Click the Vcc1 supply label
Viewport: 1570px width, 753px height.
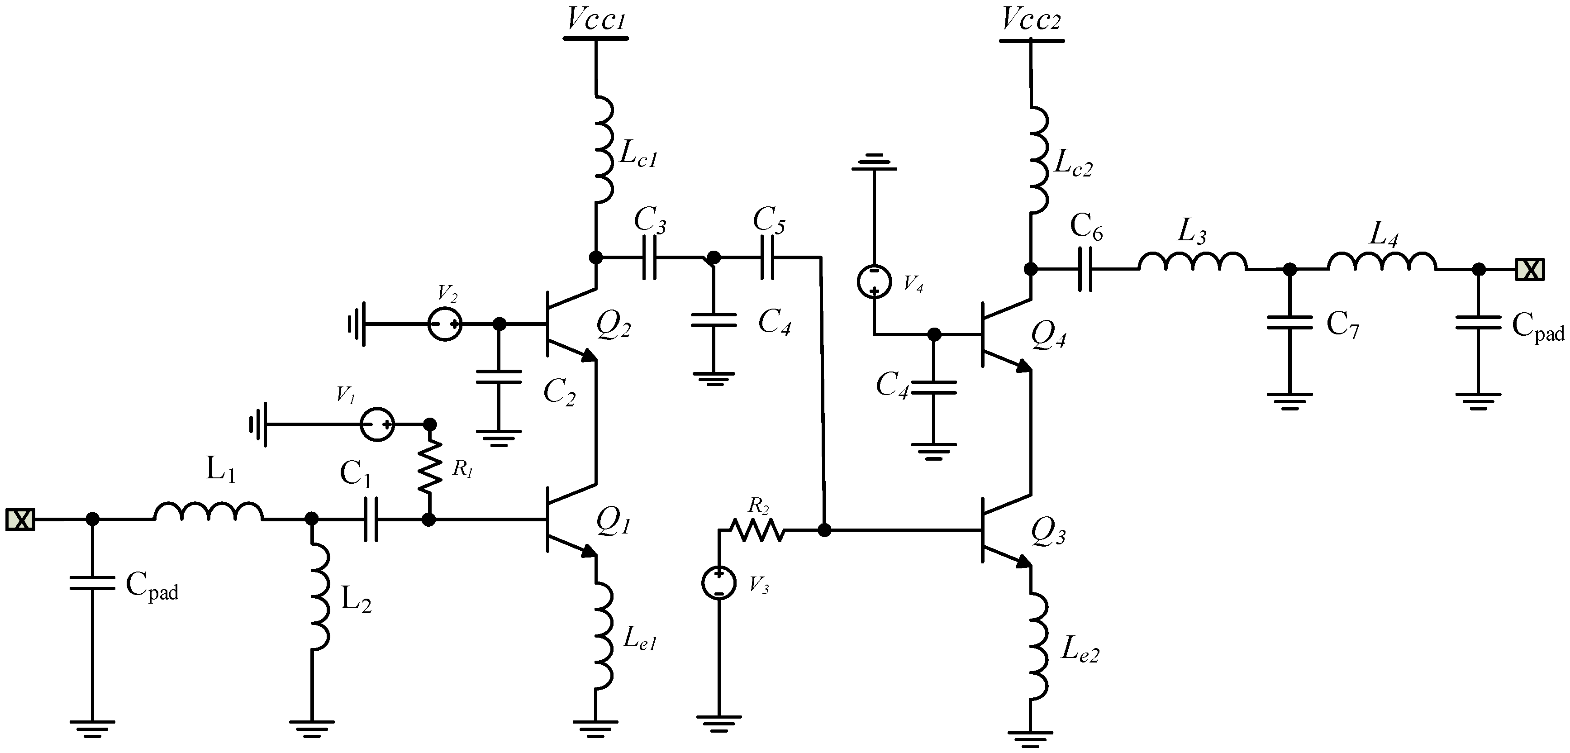click(596, 19)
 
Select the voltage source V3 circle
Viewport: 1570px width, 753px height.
click(719, 583)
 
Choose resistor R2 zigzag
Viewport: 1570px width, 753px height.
click(757, 530)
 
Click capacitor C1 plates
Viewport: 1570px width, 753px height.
click(371, 519)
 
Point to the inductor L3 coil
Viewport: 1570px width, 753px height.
click(1192, 261)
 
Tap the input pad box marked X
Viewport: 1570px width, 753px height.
click(20, 519)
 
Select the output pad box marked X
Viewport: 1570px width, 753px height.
click(1530, 269)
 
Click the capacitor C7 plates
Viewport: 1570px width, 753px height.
click(1289, 323)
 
